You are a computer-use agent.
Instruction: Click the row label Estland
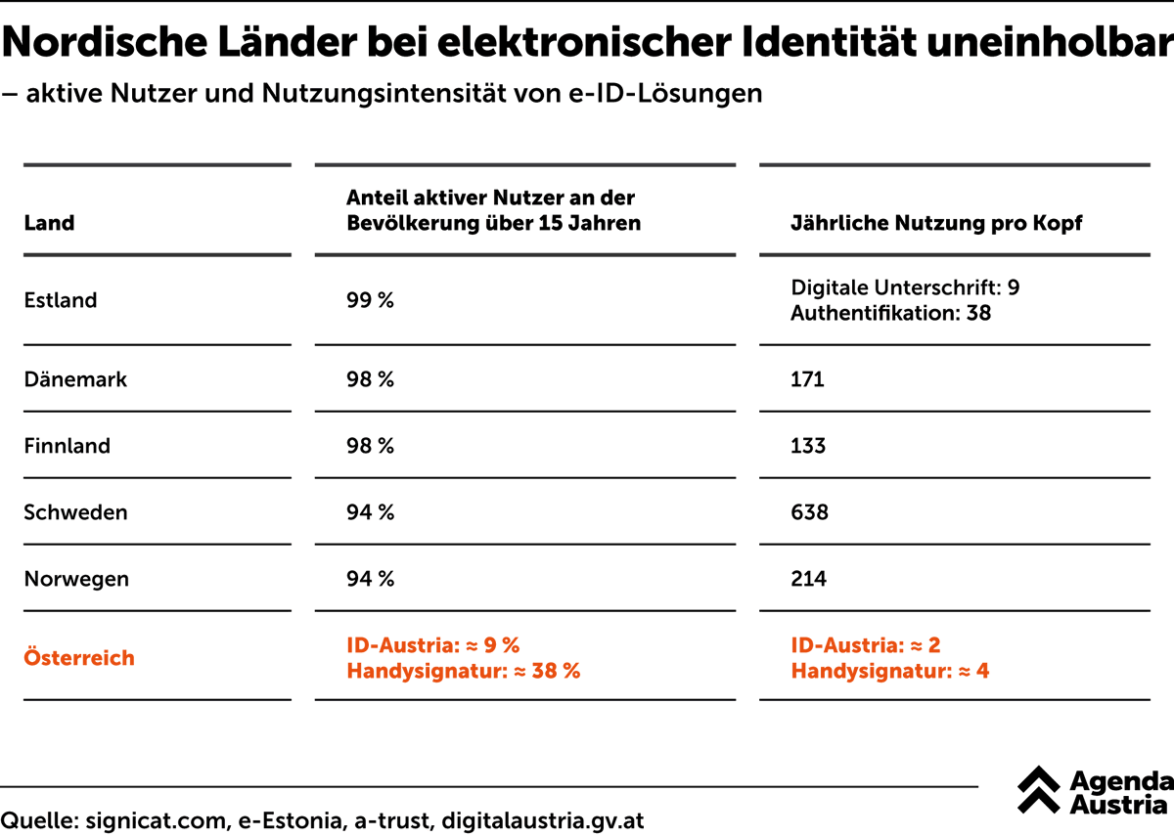(61, 301)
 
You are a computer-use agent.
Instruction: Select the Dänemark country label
(75, 379)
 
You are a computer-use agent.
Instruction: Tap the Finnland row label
(67, 446)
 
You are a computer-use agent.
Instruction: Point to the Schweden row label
(75, 512)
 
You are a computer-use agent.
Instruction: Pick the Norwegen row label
(76, 579)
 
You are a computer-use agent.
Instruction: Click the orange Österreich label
(79, 658)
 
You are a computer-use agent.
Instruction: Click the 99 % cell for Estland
(370, 301)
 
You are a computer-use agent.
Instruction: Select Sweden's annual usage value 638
(809, 512)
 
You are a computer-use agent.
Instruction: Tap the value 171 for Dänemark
(807, 379)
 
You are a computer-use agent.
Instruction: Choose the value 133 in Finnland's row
(808, 446)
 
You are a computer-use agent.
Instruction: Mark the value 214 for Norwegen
(808, 579)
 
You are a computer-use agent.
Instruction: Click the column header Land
(49, 223)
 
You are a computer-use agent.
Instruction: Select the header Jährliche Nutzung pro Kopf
(936, 223)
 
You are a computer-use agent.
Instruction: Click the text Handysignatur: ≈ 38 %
(463, 672)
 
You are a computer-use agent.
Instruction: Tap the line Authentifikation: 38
(890, 314)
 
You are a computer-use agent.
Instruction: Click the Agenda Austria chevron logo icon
(1038, 790)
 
